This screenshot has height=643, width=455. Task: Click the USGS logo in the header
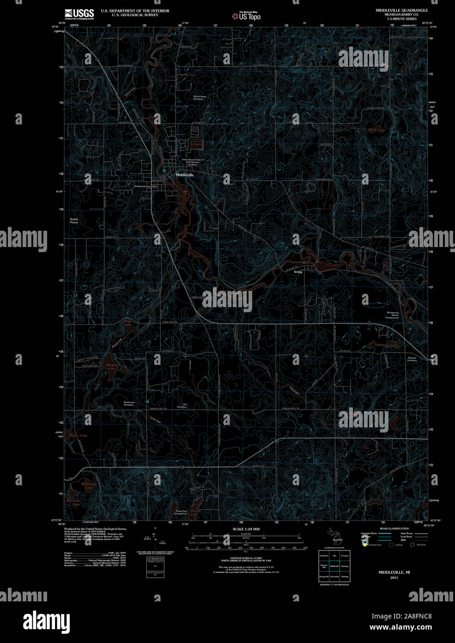[x=79, y=13]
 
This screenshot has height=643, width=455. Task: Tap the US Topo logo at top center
[x=247, y=16]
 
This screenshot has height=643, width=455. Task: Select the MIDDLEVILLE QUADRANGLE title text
[x=402, y=10]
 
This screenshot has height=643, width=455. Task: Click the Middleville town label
[x=185, y=176]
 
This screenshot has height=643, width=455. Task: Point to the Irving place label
[x=298, y=272]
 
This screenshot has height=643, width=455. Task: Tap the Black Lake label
[x=376, y=130]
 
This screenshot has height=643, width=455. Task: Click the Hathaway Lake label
[x=386, y=345]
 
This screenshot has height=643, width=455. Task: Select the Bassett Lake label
[x=111, y=367]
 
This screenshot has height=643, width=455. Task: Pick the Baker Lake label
[x=78, y=436]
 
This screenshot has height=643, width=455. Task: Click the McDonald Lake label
[x=87, y=486]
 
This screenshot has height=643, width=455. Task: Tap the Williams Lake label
[x=73, y=502]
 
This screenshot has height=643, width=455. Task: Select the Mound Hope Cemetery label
[x=199, y=98]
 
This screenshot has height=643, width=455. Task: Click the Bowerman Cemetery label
[x=129, y=403]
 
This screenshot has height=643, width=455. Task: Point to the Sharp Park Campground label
[x=180, y=513]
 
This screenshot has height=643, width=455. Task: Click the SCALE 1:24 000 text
[x=246, y=529]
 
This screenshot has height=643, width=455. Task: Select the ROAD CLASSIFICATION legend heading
[x=394, y=528]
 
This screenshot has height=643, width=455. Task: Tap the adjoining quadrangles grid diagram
[x=334, y=566]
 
